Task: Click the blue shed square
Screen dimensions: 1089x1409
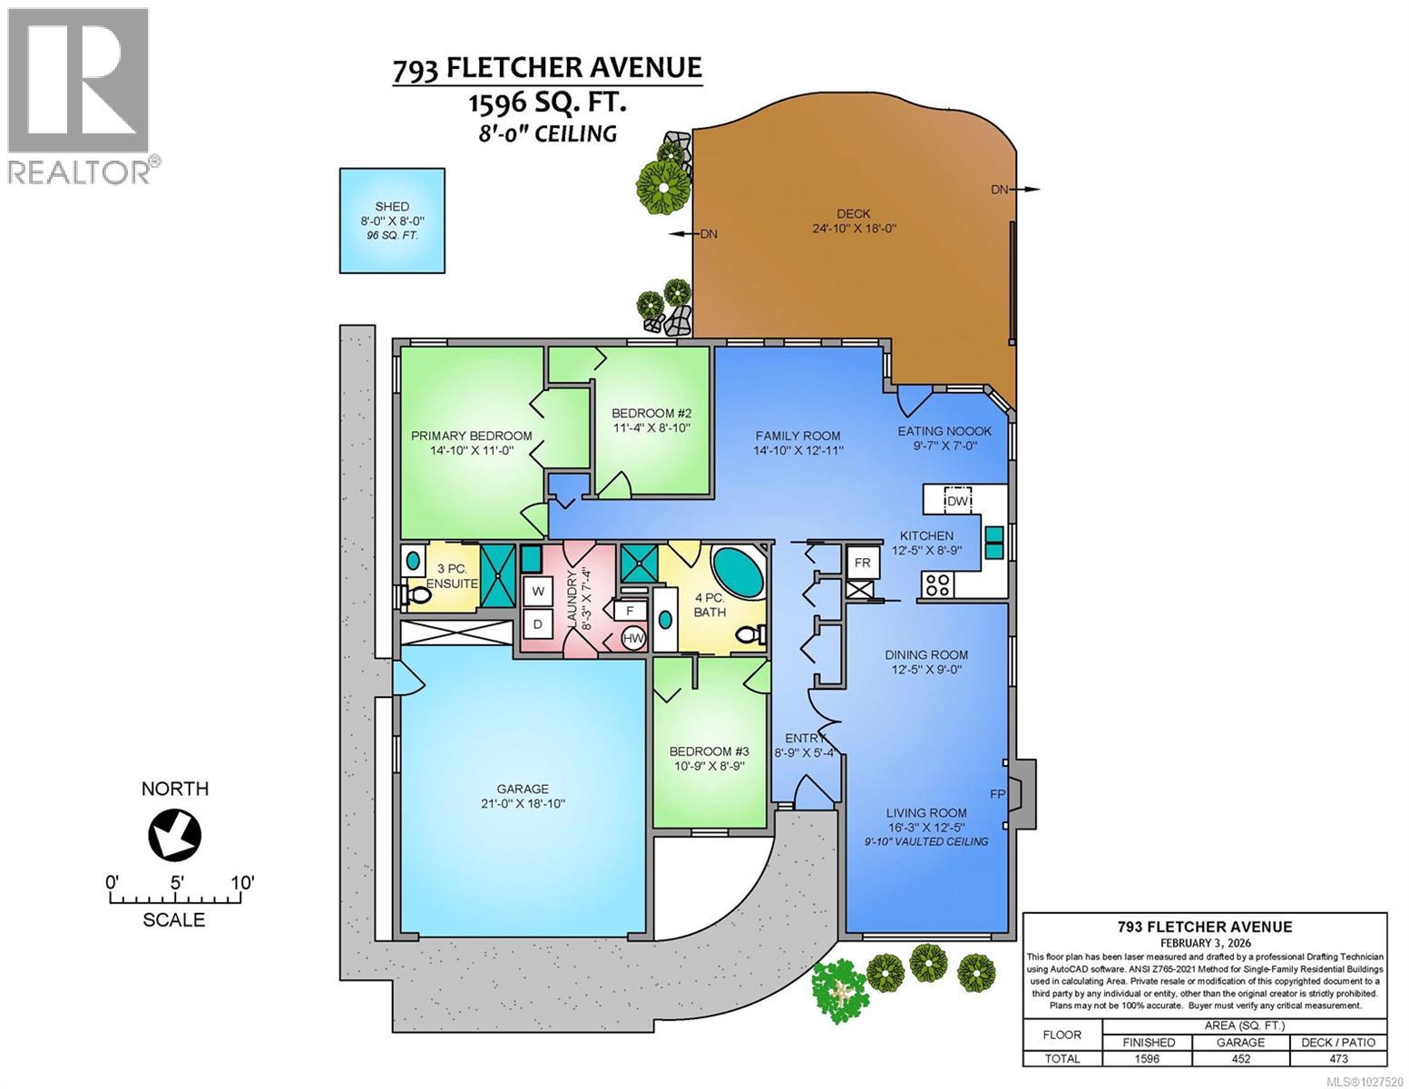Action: tap(392, 221)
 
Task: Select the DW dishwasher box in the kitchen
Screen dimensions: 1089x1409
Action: tap(958, 500)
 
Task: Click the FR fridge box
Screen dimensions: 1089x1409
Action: tap(862, 563)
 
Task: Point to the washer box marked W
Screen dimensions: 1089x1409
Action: tap(537, 591)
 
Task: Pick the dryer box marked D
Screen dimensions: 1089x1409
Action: tap(537, 623)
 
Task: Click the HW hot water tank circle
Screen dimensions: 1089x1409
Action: tap(633, 639)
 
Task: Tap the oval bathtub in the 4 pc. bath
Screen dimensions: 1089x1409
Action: tap(737, 570)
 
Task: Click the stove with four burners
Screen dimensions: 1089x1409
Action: tap(936, 585)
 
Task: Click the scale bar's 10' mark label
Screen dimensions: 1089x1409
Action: tap(241, 882)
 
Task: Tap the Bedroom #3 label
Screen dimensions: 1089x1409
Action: tap(709, 751)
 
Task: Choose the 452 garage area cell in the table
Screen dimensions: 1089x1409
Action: tap(1240, 1058)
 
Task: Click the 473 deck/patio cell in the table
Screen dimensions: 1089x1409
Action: tap(1338, 1058)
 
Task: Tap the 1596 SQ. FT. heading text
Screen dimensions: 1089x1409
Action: tap(546, 103)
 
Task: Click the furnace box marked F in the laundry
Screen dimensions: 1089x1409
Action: tap(630, 611)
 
